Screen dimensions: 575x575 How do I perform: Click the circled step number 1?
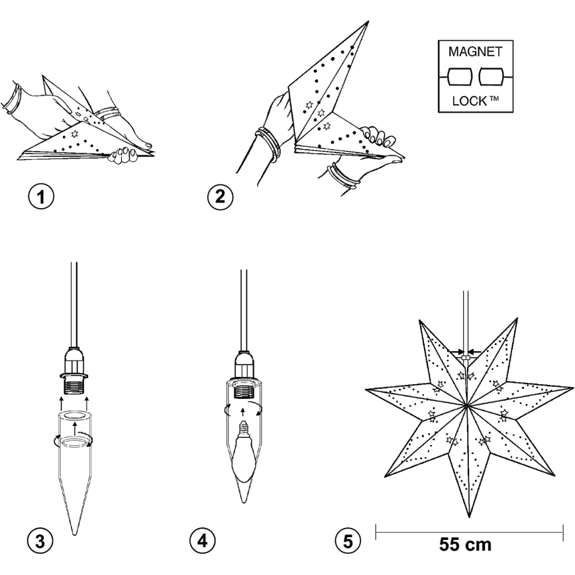[41, 197]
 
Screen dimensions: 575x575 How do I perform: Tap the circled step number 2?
[220, 197]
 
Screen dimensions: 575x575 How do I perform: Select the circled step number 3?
[40, 541]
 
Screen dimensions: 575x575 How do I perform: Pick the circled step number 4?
[203, 541]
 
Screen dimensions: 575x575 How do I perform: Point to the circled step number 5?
[348, 541]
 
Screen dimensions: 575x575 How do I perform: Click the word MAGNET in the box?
[475, 52]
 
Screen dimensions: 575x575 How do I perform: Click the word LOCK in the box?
[470, 101]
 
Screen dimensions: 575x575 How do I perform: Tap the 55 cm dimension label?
[465, 545]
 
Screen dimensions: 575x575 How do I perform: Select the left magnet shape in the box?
[460, 77]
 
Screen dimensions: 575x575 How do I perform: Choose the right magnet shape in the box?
[491, 77]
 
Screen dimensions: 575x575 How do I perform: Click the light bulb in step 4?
[242, 452]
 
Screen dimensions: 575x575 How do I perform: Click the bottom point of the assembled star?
[470, 517]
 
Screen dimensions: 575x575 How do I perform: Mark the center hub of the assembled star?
[466, 405]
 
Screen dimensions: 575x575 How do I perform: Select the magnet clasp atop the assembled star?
[466, 357]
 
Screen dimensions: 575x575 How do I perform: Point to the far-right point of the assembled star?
[572, 388]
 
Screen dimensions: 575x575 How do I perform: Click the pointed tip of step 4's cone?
[244, 501]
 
